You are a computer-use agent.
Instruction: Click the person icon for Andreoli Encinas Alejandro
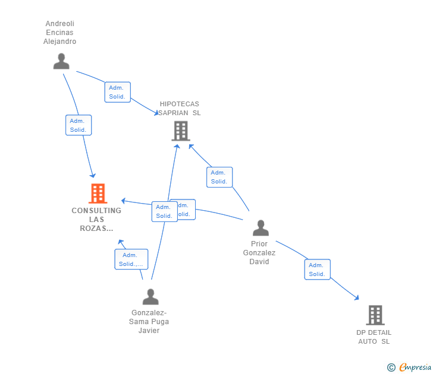61,61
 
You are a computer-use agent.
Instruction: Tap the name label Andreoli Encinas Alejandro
59,33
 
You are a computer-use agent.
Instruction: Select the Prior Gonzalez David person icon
261,228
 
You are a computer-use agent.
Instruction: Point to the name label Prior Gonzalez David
259,252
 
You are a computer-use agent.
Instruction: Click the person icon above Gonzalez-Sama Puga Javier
150,296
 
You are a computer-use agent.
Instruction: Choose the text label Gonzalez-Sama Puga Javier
149,322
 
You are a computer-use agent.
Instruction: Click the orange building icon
98,194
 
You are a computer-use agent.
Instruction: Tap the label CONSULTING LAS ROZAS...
96,219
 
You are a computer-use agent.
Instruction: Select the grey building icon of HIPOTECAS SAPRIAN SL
180,131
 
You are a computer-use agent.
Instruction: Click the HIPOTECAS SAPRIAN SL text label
180,108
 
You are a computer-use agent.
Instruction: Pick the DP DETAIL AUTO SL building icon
375,315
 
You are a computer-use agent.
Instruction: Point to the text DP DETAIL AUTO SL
374,337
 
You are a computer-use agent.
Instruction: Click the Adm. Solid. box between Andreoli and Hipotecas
117,92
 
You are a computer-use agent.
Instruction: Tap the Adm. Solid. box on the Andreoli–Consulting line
79,125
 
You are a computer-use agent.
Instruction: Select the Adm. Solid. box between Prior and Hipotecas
219,177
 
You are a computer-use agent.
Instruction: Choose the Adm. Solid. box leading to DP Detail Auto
317,270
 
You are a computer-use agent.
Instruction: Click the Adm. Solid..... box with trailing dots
131,259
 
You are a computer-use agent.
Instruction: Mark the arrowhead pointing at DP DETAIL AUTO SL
356,297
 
